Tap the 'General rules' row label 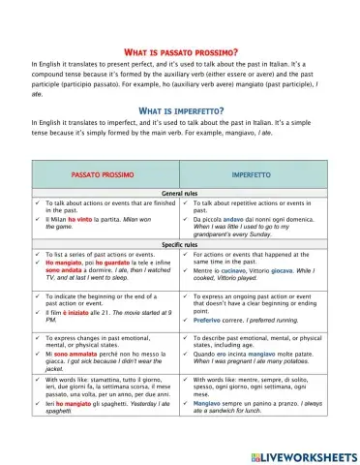pos(179,194)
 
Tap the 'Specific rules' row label pos(179,244)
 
